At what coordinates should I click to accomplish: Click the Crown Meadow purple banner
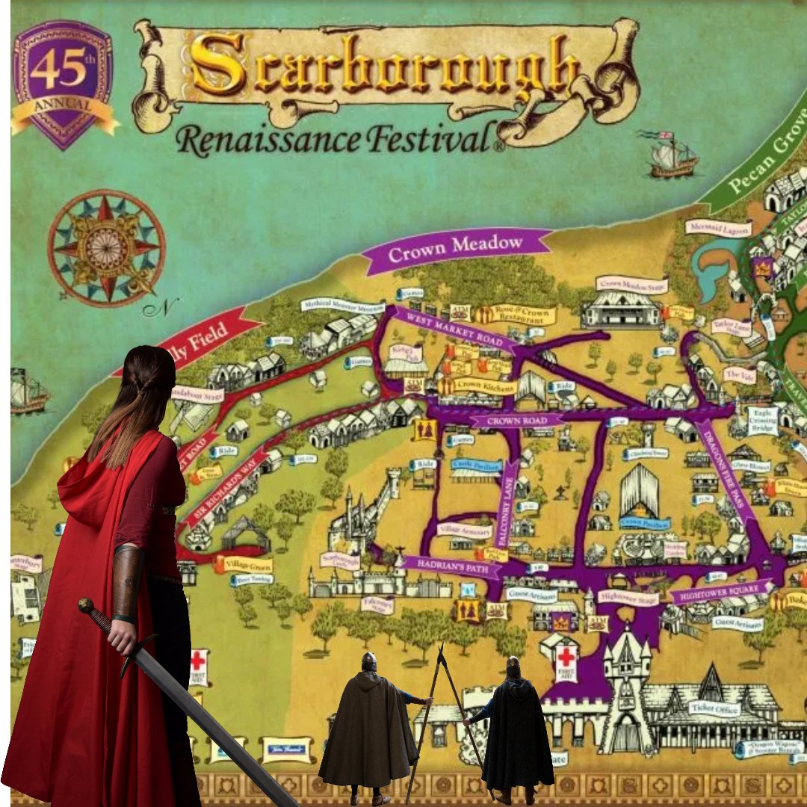(x=457, y=247)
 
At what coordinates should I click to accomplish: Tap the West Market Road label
(x=451, y=328)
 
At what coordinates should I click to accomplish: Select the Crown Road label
(x=516, y=421)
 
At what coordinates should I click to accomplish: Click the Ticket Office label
(x=714, y=708)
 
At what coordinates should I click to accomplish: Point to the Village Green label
(x=247, y=564)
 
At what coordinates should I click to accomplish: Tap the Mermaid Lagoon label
(x=718, y=229)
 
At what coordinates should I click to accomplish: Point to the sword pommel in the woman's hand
(x=86, y=605)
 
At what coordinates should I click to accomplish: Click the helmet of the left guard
(x=368, y=661)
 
